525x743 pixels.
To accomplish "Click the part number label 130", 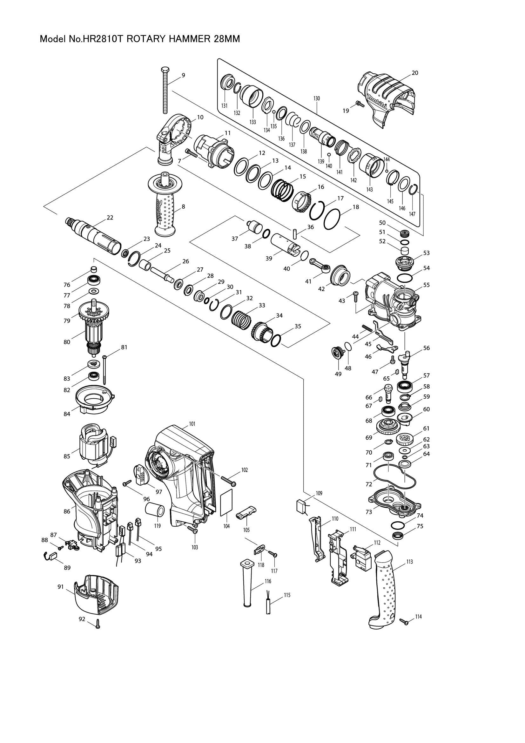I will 316,98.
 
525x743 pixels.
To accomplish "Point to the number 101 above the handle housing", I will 192,424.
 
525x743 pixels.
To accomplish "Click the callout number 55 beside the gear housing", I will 426,285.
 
